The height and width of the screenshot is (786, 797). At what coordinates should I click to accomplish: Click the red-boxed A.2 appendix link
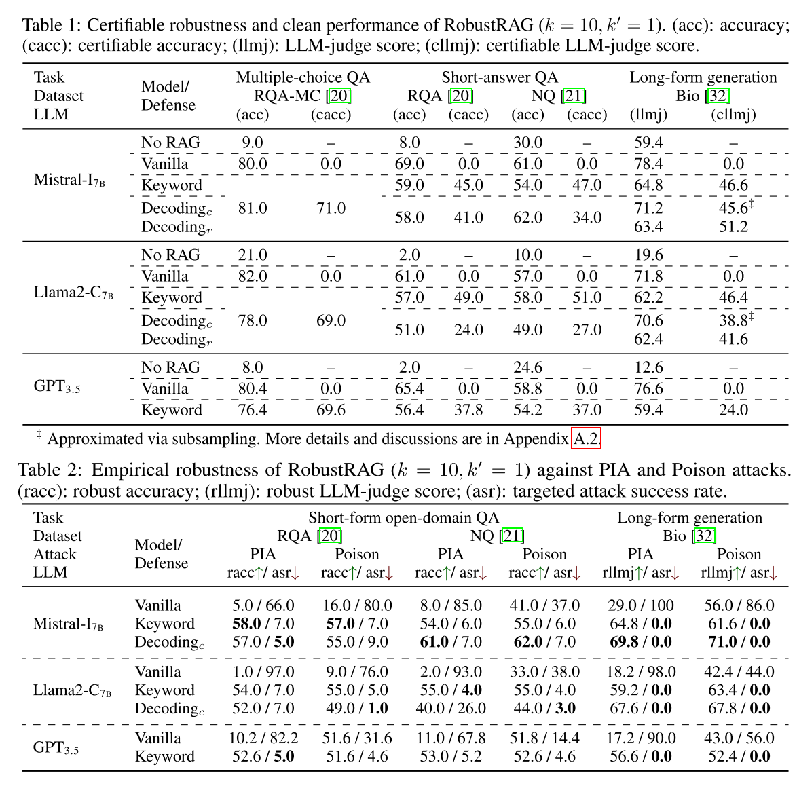pos(587,439)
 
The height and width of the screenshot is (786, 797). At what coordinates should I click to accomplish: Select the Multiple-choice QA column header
pos(303,77)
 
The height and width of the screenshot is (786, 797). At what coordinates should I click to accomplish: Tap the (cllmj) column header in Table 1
pos(733,114)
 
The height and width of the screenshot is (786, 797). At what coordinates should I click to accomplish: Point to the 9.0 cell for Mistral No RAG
pos(252,143)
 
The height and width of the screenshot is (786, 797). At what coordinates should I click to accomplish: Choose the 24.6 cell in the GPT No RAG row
pos(527,367)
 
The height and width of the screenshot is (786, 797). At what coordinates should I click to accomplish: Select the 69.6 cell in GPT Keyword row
pos(331,410)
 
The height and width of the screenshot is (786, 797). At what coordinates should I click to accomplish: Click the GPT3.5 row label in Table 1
pos(56,388)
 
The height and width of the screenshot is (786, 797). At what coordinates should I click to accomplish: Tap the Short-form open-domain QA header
pos(404,518)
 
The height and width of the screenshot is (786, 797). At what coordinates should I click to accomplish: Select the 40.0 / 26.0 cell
pos(450,709)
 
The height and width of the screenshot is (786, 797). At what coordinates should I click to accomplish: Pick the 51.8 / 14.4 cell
pos(544,738)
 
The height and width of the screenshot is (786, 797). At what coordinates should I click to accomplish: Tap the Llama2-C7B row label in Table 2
pos(73,690)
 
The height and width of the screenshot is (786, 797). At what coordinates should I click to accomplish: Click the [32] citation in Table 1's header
pos(718,96)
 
